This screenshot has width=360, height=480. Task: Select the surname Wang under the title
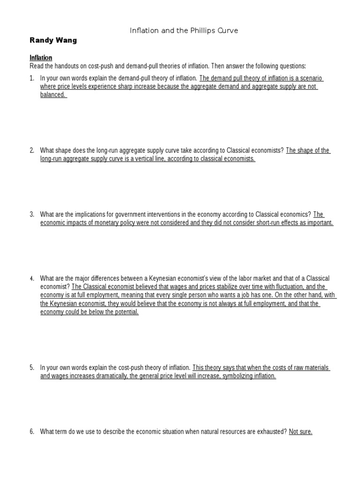pyautogui.click(x=66, y=40)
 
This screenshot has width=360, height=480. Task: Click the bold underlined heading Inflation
pyautogui.click(x=41, y=58)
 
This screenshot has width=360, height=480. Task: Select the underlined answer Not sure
pyautogui.click(x=300, y=432)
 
